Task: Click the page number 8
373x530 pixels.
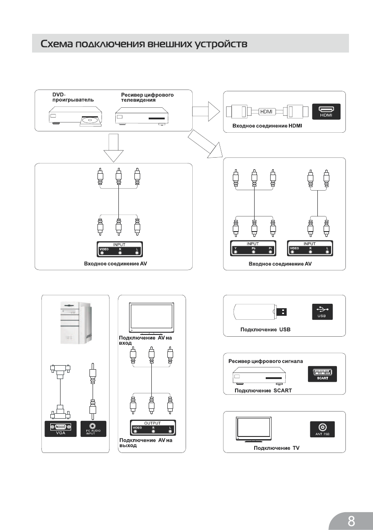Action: tap(351, 520)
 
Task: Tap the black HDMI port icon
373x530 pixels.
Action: tap(326, 111)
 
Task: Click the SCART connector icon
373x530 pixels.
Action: tap(322, 374)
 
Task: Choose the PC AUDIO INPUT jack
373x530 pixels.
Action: tap(93, 428)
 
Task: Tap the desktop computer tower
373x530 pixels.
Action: tap(76, 322)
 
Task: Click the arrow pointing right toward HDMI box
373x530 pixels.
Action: tap(205, 111)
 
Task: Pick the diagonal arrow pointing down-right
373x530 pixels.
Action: tap(205, 143)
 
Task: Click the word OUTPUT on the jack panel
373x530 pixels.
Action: tap(152, 423)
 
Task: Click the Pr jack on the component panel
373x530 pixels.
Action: tap(270, 252)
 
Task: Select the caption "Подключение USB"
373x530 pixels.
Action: tap(265, 330)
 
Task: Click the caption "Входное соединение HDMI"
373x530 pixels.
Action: tap(267, 126)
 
